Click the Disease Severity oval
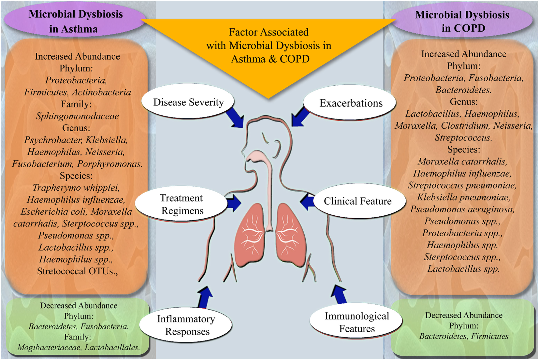(x=188, y=102)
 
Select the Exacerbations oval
(x=351, y=103)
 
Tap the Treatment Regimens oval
(x=182, y=204)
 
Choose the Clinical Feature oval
(x=357, y=201)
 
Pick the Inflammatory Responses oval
(x=186, y=325)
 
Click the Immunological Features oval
(x=357, y=322)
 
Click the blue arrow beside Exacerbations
(x=300, y=117)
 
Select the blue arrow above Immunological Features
(x=339, y=294)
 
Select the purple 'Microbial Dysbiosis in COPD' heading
(x=462, y=21)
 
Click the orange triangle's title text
(x=269, y=45)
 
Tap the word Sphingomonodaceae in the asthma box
(x=78, y=116)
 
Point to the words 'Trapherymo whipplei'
(x=76, y=188)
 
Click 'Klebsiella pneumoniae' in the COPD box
(x=463, y=197)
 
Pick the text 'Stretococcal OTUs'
(x=77, y=271)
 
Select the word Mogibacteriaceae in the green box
(x=50, y=347)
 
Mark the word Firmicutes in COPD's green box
(x=490, y=336)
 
